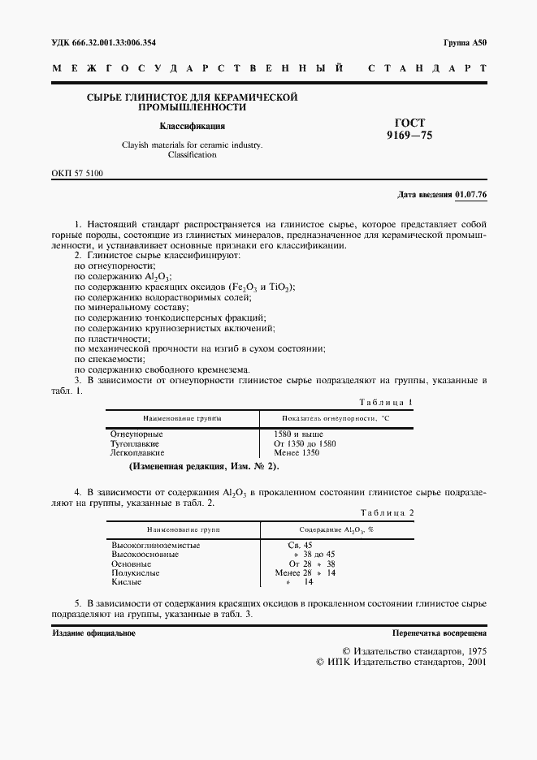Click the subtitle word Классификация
click(192, 126)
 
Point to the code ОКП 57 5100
click(77, 174)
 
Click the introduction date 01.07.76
click(470, 195)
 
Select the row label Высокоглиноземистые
click(155, 545)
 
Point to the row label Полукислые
click(133, 572)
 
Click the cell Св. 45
click(301, 545)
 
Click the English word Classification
click(192, 154)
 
